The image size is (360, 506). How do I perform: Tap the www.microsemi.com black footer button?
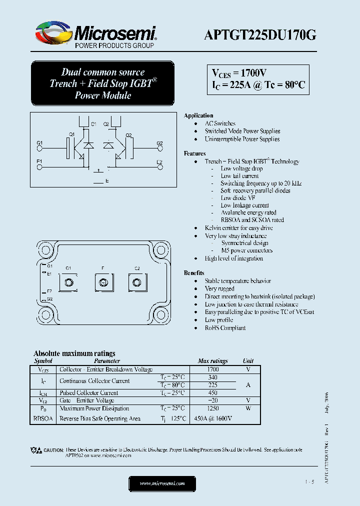(x=162, y=483)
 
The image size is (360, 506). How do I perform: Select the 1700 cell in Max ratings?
(x=212, y=369)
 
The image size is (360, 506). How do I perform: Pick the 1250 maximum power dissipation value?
(x=212, y=408)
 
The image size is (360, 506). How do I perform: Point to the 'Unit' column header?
(x=248, y=360)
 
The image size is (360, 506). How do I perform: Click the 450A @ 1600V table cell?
(x=212, y=418)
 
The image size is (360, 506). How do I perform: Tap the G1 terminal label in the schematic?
(x=40, y=143)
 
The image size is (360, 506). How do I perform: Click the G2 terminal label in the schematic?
(x=159, y=143)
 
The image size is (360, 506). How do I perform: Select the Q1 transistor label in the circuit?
(x=72, y=134)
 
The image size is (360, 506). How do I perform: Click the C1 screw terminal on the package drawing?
(x=68, y=283)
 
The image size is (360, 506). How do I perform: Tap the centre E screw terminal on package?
(x=102, y=283)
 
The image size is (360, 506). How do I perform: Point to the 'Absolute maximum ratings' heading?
(x=74, y=353)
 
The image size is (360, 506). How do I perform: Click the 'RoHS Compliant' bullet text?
(x=225, y=328)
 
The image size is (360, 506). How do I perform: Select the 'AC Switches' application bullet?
(x=220, y=123)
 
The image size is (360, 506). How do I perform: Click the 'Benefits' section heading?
(x=194, y=273)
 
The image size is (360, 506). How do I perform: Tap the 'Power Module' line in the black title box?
(x=102, y=95)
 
